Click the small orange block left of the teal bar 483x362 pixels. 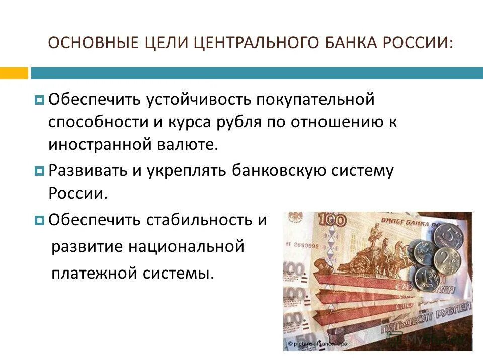[14, 73]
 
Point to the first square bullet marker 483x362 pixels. [40, 100]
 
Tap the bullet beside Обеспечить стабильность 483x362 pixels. [40, 220]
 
